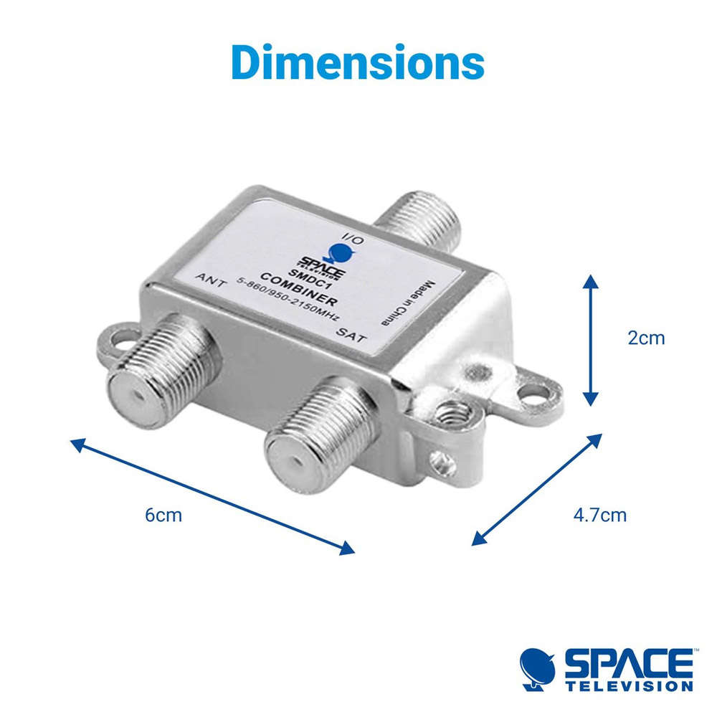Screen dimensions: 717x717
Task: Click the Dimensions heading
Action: click(x=358, y=62)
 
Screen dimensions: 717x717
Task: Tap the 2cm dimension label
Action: click(x=646, y=338)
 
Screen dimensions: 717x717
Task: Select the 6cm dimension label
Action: click(x=163, y=515)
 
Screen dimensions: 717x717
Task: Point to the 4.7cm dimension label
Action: click(x=599, y=515)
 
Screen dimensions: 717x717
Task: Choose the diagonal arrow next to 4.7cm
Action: click(x=537, y=490)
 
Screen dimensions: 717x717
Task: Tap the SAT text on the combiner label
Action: click(x=351, y=336)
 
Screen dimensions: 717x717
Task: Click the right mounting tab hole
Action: click(x=536, y=391)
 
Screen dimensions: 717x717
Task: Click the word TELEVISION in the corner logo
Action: click(x=629, y=686)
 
